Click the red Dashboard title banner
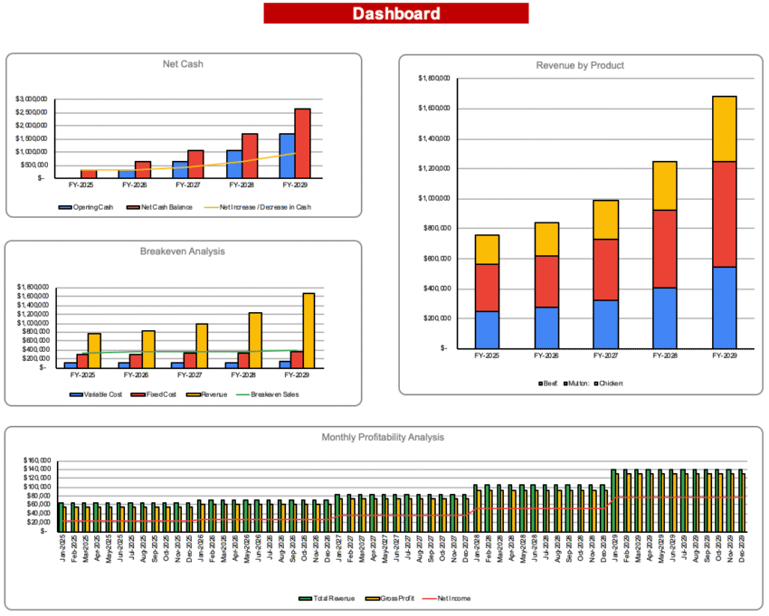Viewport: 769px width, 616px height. pyautogui.click(x=395, y=14)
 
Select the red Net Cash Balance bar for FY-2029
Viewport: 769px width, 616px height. pyautogui.click(x=301, y=143)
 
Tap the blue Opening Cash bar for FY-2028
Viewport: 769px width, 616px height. pyautogui.click(x=234, y=164)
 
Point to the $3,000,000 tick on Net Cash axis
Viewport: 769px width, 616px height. pyautogui.click(x=32, y=98)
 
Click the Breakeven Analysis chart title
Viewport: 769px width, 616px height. pyautogui.click(x=183, y=251)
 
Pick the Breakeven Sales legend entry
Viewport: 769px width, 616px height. pyautogui.click(x=271, y=394)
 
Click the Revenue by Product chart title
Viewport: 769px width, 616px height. pyautogui.click(x=580, y=65)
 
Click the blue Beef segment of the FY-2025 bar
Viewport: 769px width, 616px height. pyautogui.click(x=487, y=329)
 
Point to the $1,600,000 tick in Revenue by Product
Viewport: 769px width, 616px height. pyautogui.click(x=432, y=109)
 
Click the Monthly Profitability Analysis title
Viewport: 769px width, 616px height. pyautogui.click(x=383, y=437)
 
